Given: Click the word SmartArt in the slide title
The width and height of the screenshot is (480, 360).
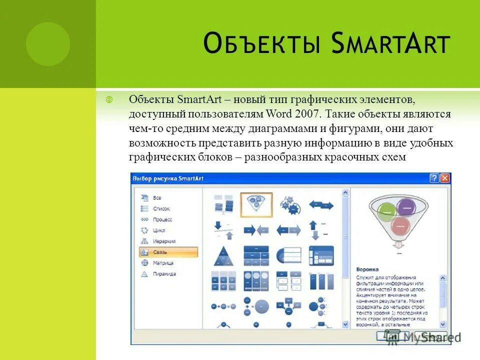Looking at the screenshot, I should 390,44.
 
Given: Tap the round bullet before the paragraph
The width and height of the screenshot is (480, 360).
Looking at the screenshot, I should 110,99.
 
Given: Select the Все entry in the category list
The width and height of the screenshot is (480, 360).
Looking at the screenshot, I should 156,198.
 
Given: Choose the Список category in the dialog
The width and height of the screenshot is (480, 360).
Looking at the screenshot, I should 161,209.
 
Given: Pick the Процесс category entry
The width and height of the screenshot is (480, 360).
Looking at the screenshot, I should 162,219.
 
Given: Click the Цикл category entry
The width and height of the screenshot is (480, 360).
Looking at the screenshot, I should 158,230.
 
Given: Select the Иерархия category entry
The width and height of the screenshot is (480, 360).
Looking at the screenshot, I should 163,241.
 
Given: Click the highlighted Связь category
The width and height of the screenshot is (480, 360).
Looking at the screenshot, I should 168,252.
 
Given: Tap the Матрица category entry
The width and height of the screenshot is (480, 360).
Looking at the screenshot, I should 163,263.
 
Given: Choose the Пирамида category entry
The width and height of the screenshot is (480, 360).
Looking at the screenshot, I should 164,274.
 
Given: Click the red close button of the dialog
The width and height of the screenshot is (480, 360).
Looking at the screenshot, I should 445,178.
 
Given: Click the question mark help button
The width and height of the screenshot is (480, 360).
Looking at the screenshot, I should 434,178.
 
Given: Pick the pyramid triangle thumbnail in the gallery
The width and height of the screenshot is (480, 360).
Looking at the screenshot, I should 221,255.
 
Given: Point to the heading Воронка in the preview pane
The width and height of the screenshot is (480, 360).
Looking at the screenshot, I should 367,269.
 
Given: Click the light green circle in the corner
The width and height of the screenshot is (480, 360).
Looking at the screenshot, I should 48,44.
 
